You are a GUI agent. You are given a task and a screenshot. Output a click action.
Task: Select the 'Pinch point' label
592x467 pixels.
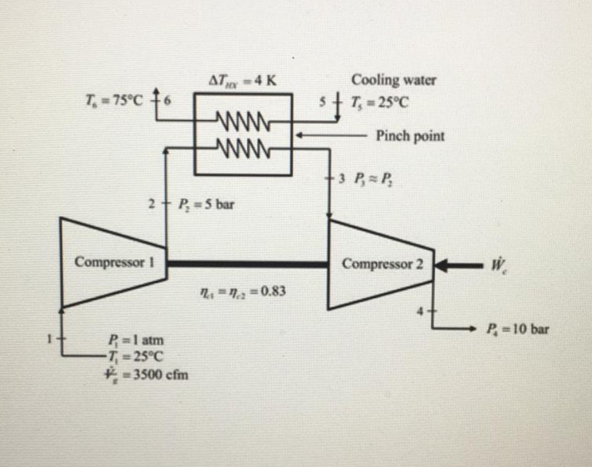click(410, 136)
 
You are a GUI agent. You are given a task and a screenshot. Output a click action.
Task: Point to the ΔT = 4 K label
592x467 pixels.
click(241, 81)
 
